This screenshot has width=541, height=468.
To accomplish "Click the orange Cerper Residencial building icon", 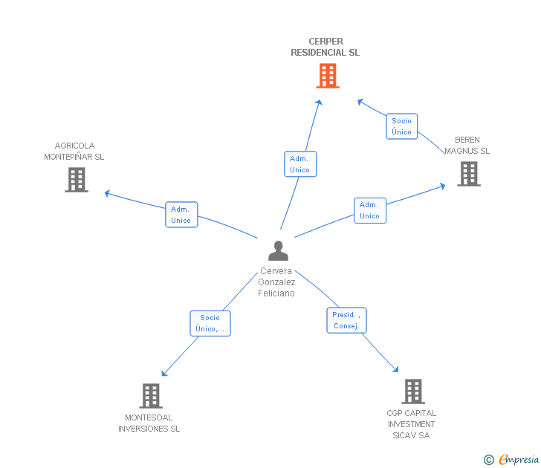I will click(x=328, y=76).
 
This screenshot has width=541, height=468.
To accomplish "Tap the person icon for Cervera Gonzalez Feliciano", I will click(x=278, y=251).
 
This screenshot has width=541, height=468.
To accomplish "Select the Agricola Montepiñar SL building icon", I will click(x=77, y=180).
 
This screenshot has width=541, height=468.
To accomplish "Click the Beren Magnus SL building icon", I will click(x=468, y=174).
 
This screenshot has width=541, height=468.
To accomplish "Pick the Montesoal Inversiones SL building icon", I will click(x=151, y=396).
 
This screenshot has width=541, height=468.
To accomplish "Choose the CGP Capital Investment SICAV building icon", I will click(x=412, y=391).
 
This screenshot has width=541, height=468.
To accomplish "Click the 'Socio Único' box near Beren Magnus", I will click(x=402, y=126).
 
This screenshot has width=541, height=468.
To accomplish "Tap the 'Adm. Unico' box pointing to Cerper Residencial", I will click(x=300, y=164).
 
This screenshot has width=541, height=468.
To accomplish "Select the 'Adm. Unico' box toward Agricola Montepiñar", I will click(x=181, y=215).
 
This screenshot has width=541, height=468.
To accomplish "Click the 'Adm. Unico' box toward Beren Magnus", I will click(x=369, y=211).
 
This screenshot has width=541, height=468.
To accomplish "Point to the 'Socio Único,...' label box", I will click(x=210, y=323).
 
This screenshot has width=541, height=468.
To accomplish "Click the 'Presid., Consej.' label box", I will click(x=346, y=320).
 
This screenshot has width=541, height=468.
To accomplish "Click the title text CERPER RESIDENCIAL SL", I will click(x=325, y=48).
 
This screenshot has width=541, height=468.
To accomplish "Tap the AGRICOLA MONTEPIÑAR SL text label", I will click(x=74, y=152).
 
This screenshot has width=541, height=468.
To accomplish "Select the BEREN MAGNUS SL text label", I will click(x=467, y=146).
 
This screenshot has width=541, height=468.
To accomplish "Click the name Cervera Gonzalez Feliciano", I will click(x=276, y=282).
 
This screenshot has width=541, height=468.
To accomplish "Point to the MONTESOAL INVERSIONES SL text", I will click(x=149, y=423).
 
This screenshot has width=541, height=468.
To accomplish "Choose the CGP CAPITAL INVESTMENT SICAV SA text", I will click(x=412, y=424).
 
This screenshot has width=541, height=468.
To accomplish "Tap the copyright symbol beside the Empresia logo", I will click(x=489, y=461).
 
